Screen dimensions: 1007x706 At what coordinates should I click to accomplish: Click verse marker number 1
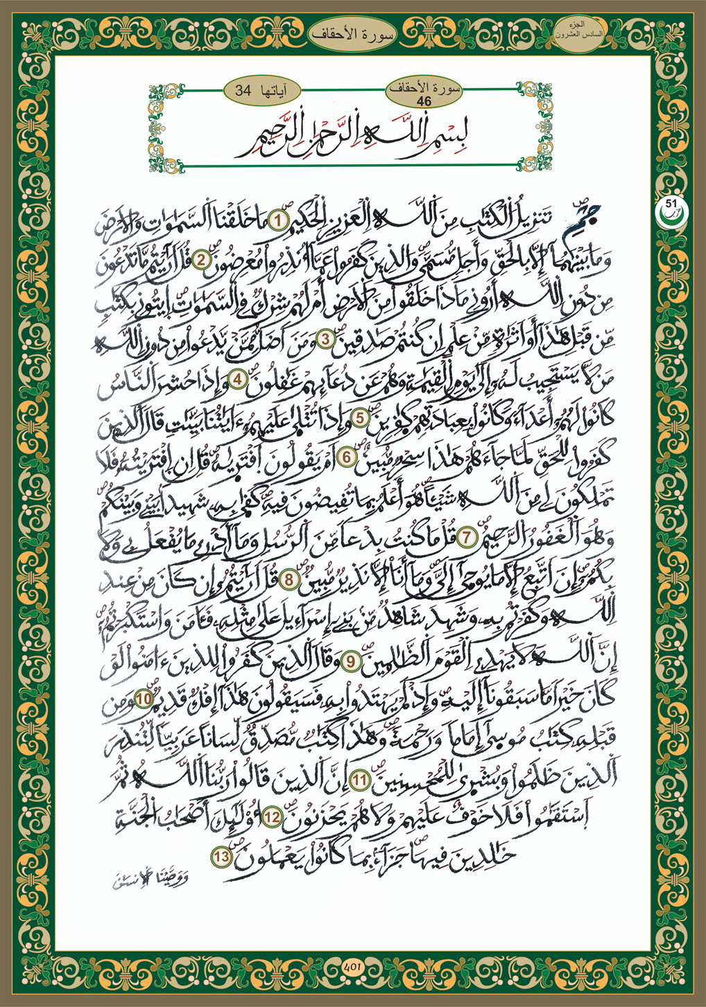tap(277, 221)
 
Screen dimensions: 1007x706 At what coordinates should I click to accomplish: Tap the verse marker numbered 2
tap(202, 261)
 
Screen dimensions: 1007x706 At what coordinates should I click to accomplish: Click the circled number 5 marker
tap(361, 418)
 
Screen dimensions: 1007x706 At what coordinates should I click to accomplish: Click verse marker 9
tap(351, 661)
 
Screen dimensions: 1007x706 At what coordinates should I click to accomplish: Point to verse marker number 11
tap(359, 780)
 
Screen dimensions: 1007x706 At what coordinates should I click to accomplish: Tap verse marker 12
tap(273, 818)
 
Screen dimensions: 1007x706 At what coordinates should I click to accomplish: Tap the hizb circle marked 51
tap(670, 207)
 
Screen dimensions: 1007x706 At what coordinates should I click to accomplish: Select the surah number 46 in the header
tap(424, 101)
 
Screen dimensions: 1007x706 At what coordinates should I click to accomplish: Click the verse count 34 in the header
tap(243, 91)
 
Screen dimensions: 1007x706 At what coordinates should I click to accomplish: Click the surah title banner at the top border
tap(354, 33)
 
